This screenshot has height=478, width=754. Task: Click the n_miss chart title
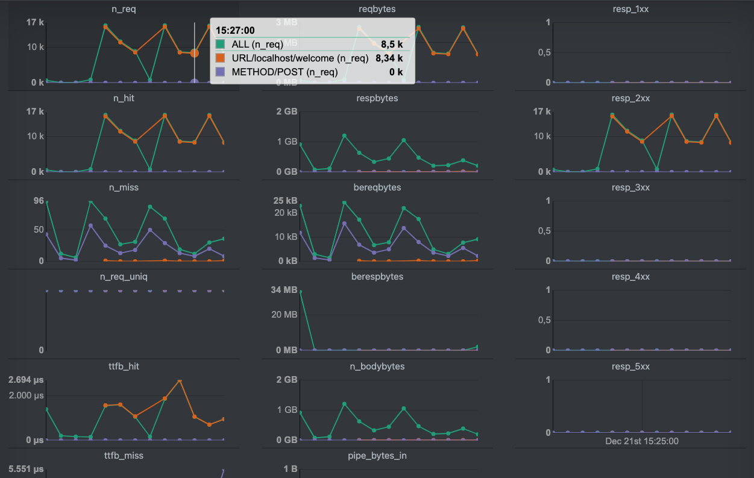pyautogui.click(x=124, y=187)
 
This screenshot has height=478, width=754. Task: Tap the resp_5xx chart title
pyautogui.click(x=630, y=366)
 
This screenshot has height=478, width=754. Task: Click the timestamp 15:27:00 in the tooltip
pyautogui.click(x=235, y=30)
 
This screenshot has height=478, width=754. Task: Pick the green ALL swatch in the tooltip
pyautogui.click(x=220, y=44)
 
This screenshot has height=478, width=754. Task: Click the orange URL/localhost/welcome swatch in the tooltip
pyautogui.click(x=220, y=58)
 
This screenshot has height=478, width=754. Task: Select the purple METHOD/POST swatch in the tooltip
pyautogui.click(x=220, y=72)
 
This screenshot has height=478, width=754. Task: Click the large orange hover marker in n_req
pyautogui.click(x=194, y=53)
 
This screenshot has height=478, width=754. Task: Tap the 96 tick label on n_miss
pyautogui.click(x=38, y=201)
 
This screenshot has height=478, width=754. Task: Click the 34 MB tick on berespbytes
pyautogui.click(x=285, y=290)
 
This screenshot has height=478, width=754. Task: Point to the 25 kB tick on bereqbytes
pyautogui.click(x=285, y=201)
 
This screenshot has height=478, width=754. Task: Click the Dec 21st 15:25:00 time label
pyautogui.click(x=642, y=441)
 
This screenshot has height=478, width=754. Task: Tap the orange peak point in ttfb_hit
pyautogui.click(x=179, y=381)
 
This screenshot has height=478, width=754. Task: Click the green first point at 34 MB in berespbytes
pyautogui.click(x=300, y=292)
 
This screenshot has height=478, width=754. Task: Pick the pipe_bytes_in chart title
pyautogui.click(x=377, y=455)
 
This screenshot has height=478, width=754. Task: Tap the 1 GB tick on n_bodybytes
pyautogui.click(x=287, y=410)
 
